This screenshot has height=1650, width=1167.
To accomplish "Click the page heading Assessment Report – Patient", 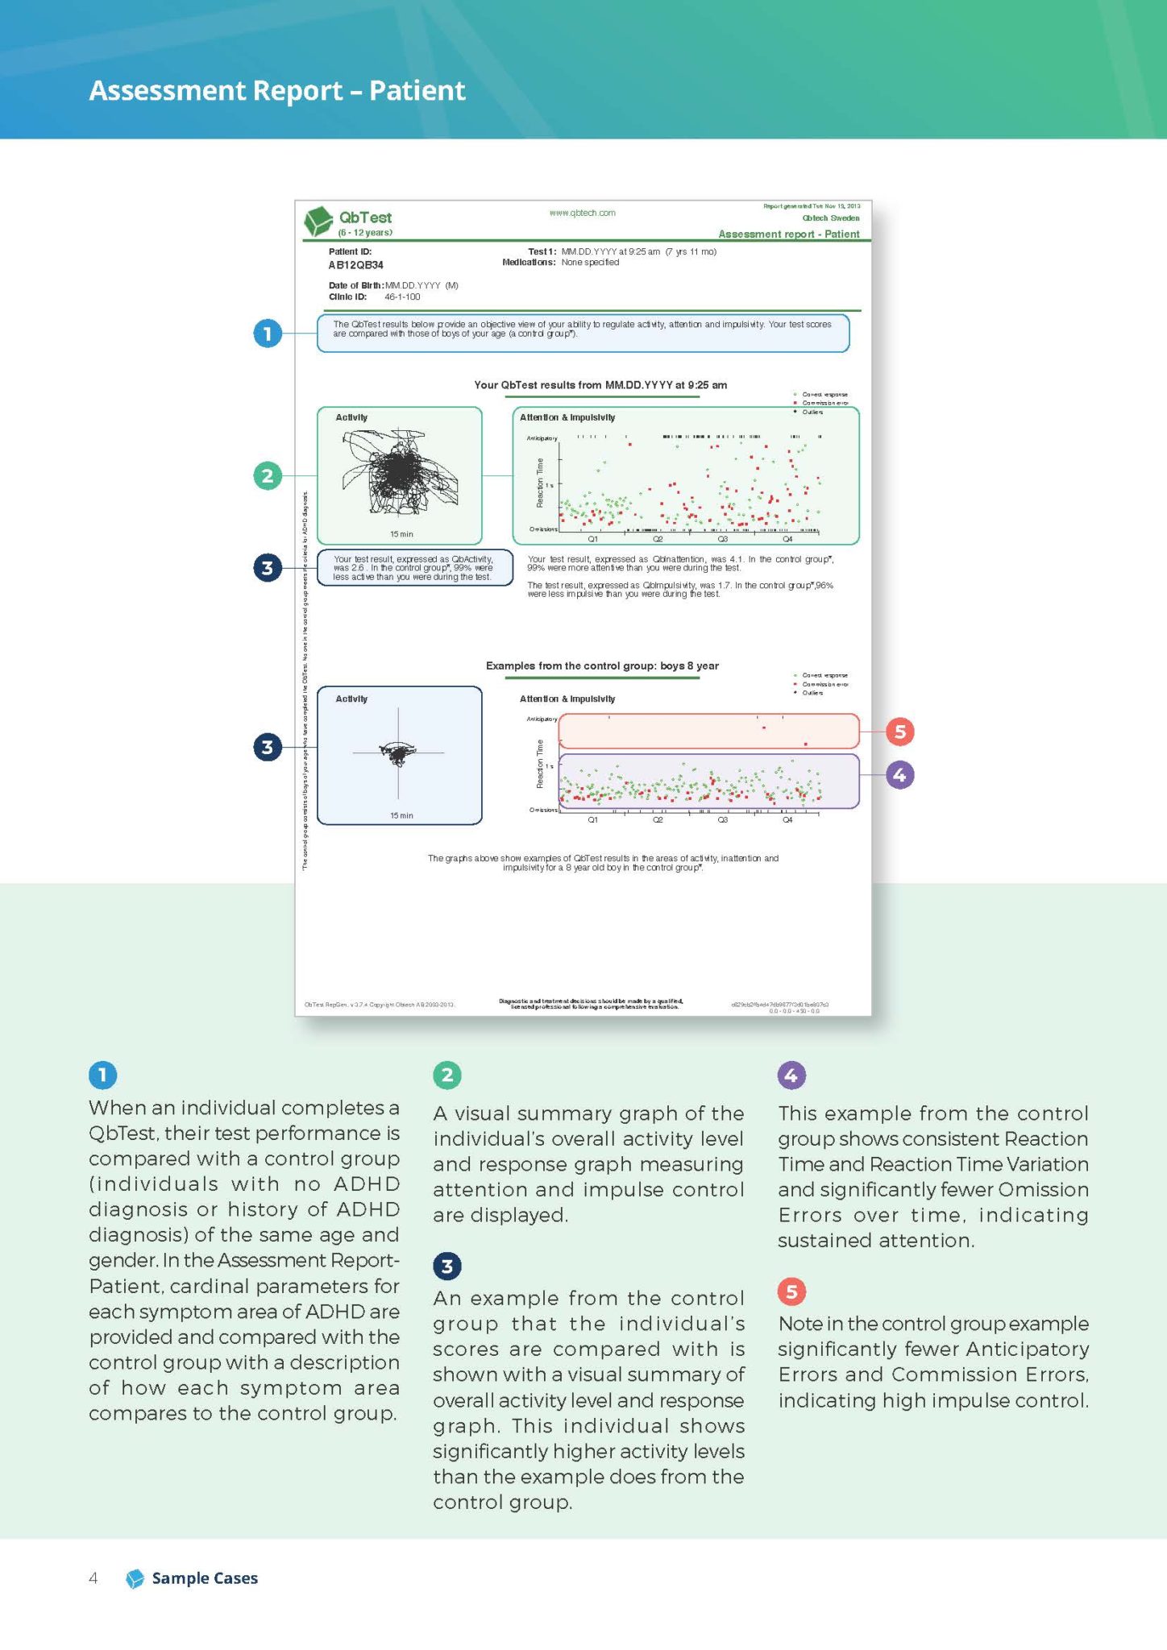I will click(276, 90).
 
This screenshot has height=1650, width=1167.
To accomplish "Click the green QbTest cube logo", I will click(318, 221).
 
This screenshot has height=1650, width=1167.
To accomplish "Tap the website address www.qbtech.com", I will click(582, 213).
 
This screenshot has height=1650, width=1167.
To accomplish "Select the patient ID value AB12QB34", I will click(355, 265).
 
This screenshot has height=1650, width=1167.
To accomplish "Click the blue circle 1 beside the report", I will click(268, 333).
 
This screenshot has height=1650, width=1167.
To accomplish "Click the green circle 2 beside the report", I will click(268, 475).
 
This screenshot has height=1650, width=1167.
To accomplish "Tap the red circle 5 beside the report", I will click(899, 732).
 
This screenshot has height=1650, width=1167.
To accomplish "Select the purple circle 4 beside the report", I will click(899, 775).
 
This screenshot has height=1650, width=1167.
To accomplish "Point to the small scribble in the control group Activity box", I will click(397, 752).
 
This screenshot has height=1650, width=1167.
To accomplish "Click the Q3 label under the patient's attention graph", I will click(722, 538).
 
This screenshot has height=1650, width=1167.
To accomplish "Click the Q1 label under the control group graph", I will click(592, 819).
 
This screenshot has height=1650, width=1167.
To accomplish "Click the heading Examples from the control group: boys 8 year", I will click(601, 665).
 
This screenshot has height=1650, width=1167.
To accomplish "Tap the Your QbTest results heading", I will click(600, 385).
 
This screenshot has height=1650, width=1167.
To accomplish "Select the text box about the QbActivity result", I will click(414, 568).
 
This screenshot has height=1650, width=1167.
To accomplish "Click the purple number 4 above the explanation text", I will click(791, 1074).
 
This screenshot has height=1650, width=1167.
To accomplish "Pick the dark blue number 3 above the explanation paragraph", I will click(446, 1266).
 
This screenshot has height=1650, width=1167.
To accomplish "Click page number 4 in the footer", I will click(93, 1578).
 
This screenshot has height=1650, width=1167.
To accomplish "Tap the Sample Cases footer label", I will click(204, 1578).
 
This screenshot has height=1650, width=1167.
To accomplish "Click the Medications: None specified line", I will click(561, 263).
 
